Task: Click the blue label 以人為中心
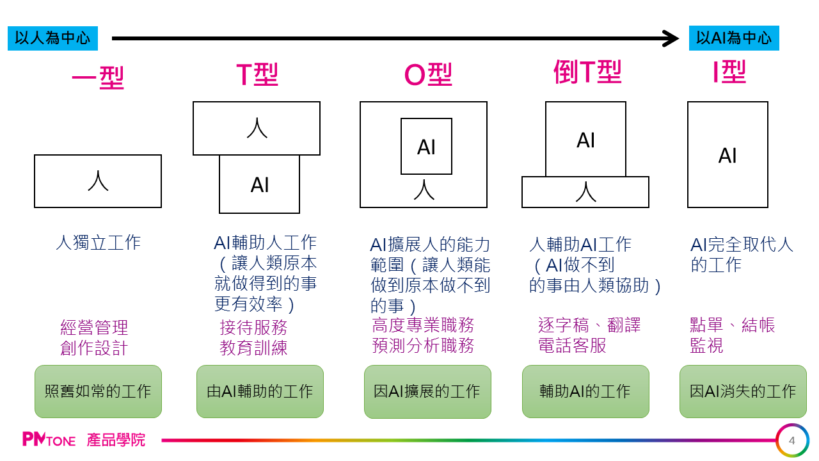point(52,38)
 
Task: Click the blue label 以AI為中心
point(734,38)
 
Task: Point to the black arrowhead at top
point(671,38)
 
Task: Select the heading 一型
point(97,78)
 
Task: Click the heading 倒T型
point(587,72)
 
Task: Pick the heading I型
point(729,73)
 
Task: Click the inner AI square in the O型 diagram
point(426,146)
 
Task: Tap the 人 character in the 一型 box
point(98,181)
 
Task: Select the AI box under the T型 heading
point(259,185)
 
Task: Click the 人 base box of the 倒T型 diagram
point(585,192)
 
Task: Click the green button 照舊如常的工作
point(98,391)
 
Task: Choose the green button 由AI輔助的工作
point(260,391)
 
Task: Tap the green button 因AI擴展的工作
point(427,391)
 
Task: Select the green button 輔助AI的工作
point(585,391)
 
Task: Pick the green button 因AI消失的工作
point(743,391)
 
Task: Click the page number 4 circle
point(792,441)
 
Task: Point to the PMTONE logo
point(49,440)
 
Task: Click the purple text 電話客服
point(572,346)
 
